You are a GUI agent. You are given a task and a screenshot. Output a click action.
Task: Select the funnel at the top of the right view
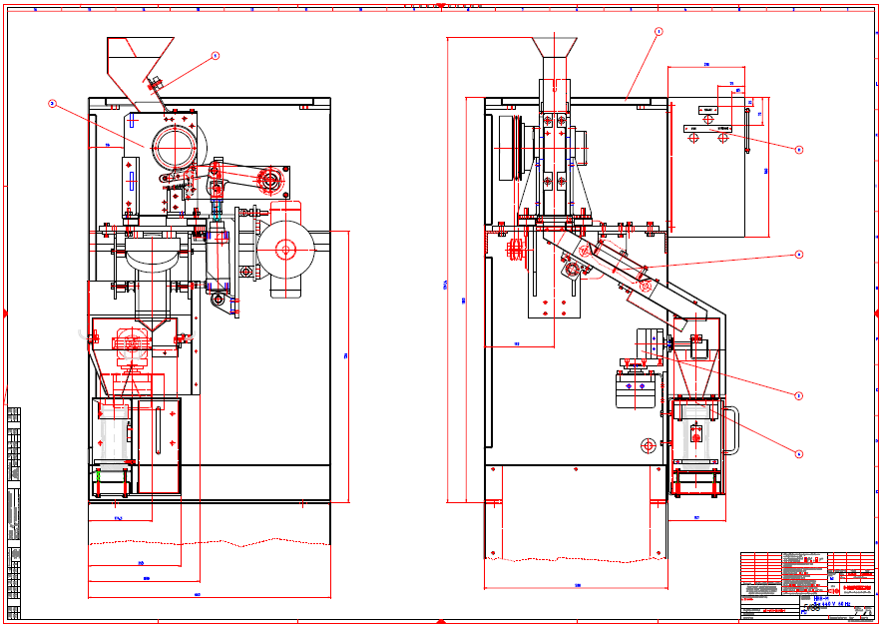point(555,46)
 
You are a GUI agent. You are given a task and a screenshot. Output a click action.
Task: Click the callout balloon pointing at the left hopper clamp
point(215,56)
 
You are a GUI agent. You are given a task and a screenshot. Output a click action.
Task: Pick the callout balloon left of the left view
point(52,102)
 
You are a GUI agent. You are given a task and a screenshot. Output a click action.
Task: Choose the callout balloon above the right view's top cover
point(659,32)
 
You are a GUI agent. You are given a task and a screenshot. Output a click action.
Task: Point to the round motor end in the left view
point(287,250)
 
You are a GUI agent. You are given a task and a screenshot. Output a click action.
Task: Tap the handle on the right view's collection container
point(731,430)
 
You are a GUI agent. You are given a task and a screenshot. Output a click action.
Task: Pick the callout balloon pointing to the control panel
point(799,150)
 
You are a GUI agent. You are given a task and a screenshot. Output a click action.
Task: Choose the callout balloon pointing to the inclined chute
point(798,255)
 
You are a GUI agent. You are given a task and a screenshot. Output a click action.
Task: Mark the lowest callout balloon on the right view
point(798,453)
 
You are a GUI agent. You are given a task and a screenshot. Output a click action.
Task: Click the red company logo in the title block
point(857,574)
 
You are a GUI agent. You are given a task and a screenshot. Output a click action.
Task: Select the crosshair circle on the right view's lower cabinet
point(648,443)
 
